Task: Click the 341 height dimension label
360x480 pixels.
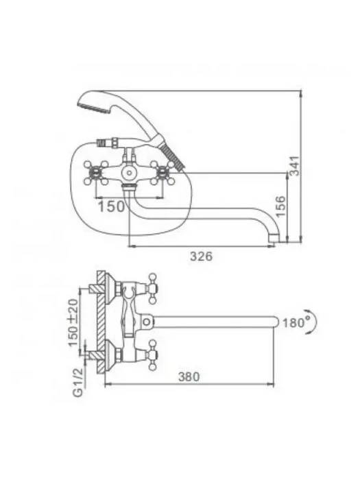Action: click(x=294, y=166)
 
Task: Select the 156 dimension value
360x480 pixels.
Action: click(x=280, y=206)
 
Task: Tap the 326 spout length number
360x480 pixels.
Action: click(x=201, y=256)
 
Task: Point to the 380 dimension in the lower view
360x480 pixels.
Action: click(x=189, y=376)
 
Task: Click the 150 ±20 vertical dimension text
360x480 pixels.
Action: click(x=73, y=322)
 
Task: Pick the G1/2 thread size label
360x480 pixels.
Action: click(x=78, y=382)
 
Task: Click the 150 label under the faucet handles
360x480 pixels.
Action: click(x=111, y=206)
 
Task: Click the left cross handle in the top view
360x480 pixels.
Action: click(x=96, y=173)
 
